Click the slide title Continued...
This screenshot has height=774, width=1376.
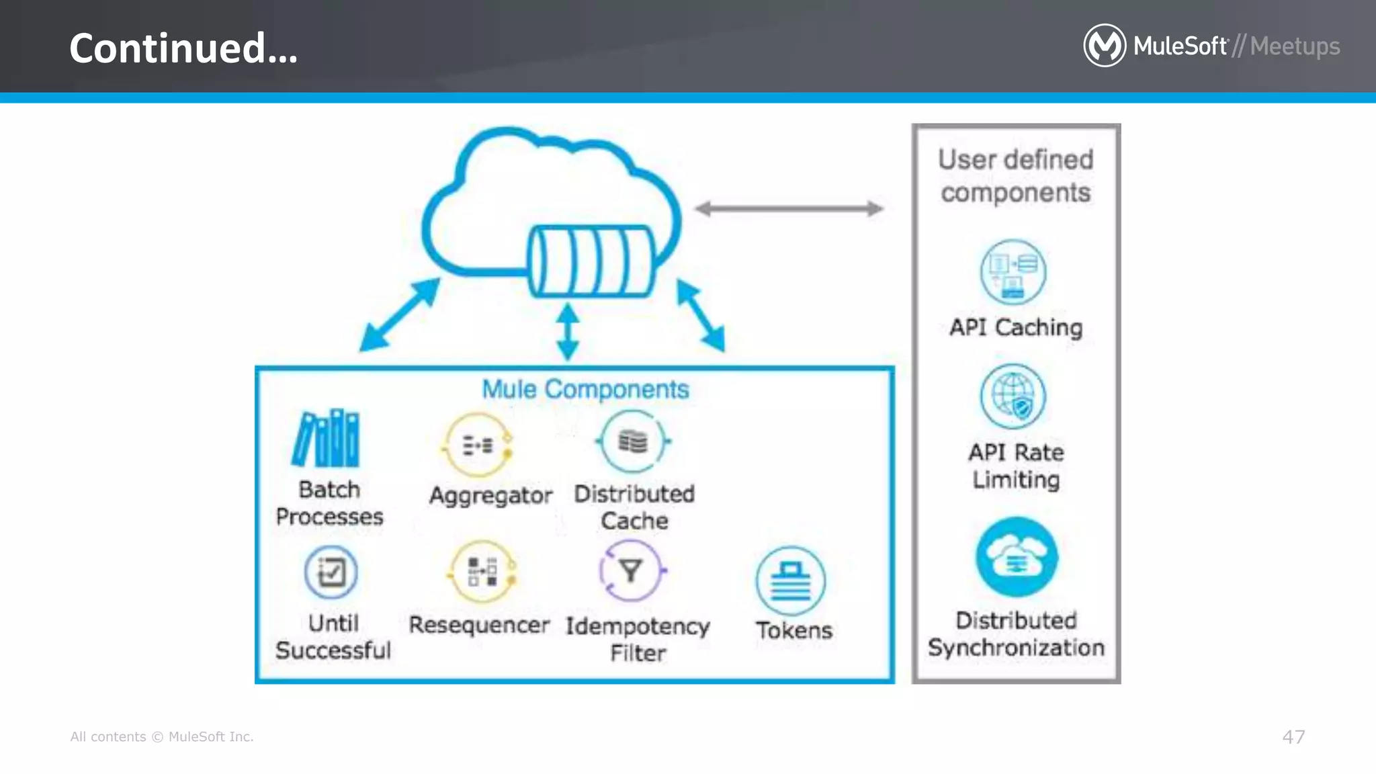click(183, 48)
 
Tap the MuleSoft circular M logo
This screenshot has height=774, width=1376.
click(1104, 46)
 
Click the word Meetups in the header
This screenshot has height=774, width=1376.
click(1295, 46)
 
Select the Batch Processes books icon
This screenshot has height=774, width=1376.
click(326, 438)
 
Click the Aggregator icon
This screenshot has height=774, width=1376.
click(478, 445)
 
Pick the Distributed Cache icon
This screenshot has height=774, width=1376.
click(633, 441)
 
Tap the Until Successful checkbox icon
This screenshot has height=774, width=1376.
click(331, 572)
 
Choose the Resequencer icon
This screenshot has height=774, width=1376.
click(482, 572)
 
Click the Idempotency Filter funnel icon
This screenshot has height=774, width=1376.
click(631, 571)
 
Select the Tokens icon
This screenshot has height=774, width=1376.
click(790, 580)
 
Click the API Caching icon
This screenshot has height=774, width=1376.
click(1013, 272)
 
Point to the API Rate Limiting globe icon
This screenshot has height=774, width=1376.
click(1013, 396)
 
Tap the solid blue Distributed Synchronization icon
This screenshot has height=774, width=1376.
click(1017, 557)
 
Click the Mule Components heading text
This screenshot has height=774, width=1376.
click(585, 390)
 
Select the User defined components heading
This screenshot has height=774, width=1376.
click(1016, 176)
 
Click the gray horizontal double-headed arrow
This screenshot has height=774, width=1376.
click(789, 209)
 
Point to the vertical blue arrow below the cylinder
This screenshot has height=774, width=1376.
click(568, 331)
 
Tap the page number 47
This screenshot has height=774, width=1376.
click(1293, 737)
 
